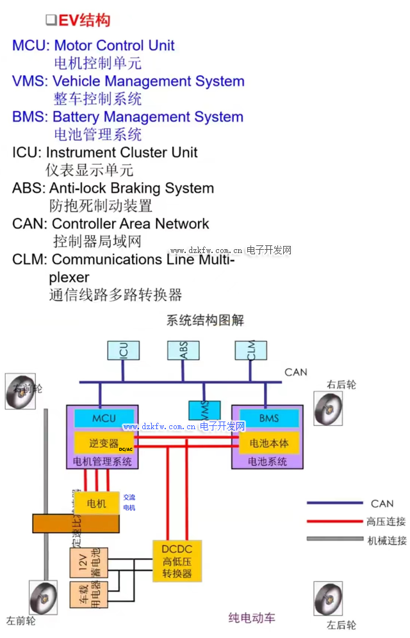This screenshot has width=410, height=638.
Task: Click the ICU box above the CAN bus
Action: tap(124, 350)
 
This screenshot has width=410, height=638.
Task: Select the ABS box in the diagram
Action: tap(183, 350)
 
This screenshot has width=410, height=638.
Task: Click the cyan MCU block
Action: tap(104, 418)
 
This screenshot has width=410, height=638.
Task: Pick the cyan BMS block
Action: tap(269, 418)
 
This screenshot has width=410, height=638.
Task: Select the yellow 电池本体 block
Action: tap(269, 443)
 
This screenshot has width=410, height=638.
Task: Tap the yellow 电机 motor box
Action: tap(94, 502)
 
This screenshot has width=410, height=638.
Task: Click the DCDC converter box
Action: tap(177, 560)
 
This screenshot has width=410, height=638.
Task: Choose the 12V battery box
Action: tap(86, 562)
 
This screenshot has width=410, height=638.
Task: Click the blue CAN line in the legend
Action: tap(334, 503)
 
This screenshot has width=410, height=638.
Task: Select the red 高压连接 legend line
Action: tap(334, 521)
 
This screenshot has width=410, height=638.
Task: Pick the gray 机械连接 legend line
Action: tap(334, 539)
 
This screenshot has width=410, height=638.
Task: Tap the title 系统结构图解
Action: tap(205, 320)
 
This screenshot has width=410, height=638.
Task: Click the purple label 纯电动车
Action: tap(252, 618)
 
